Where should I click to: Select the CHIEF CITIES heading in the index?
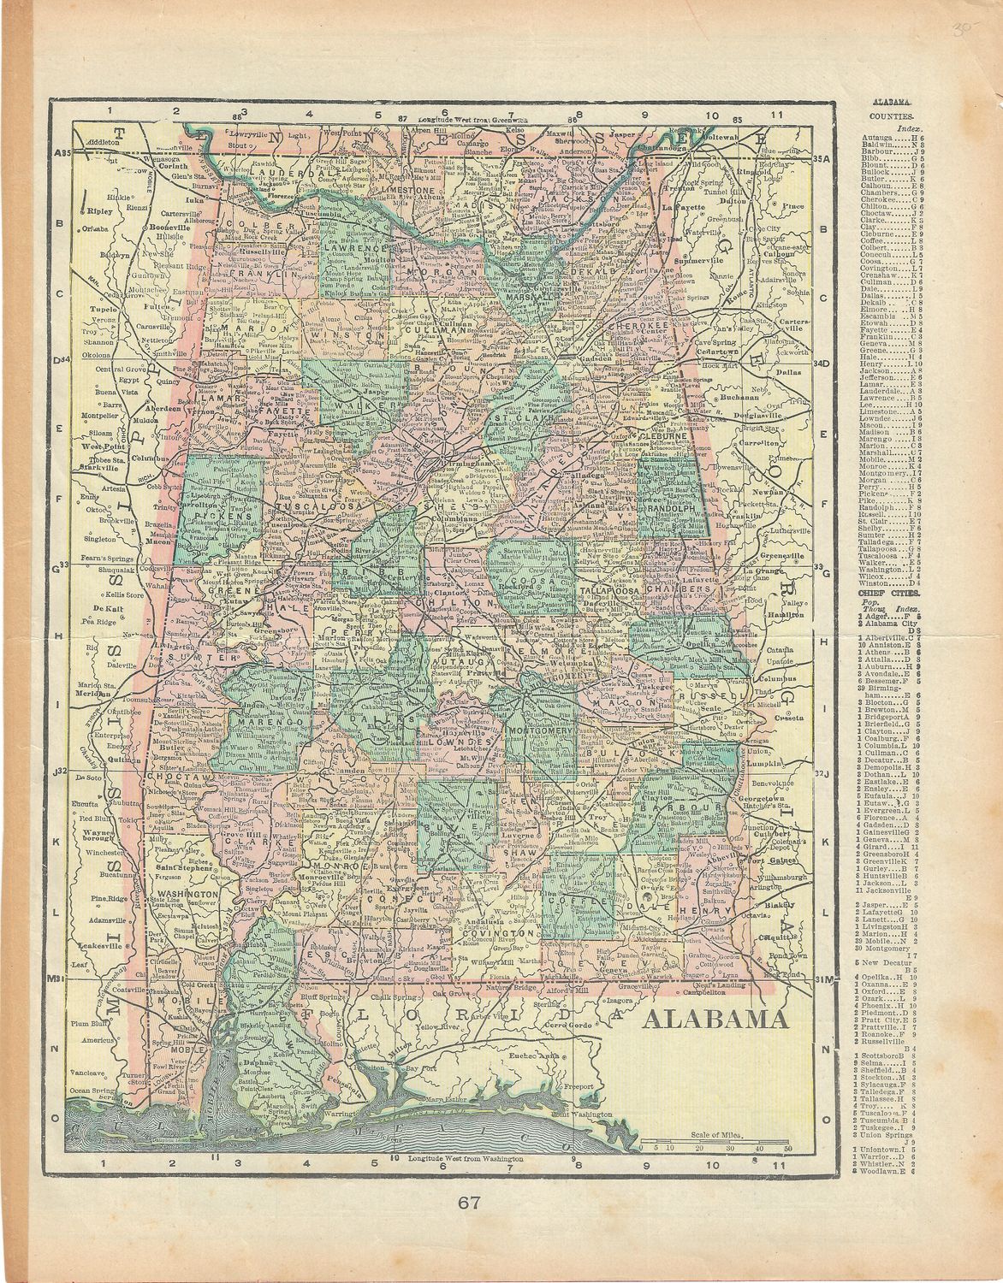coord(890,590)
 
